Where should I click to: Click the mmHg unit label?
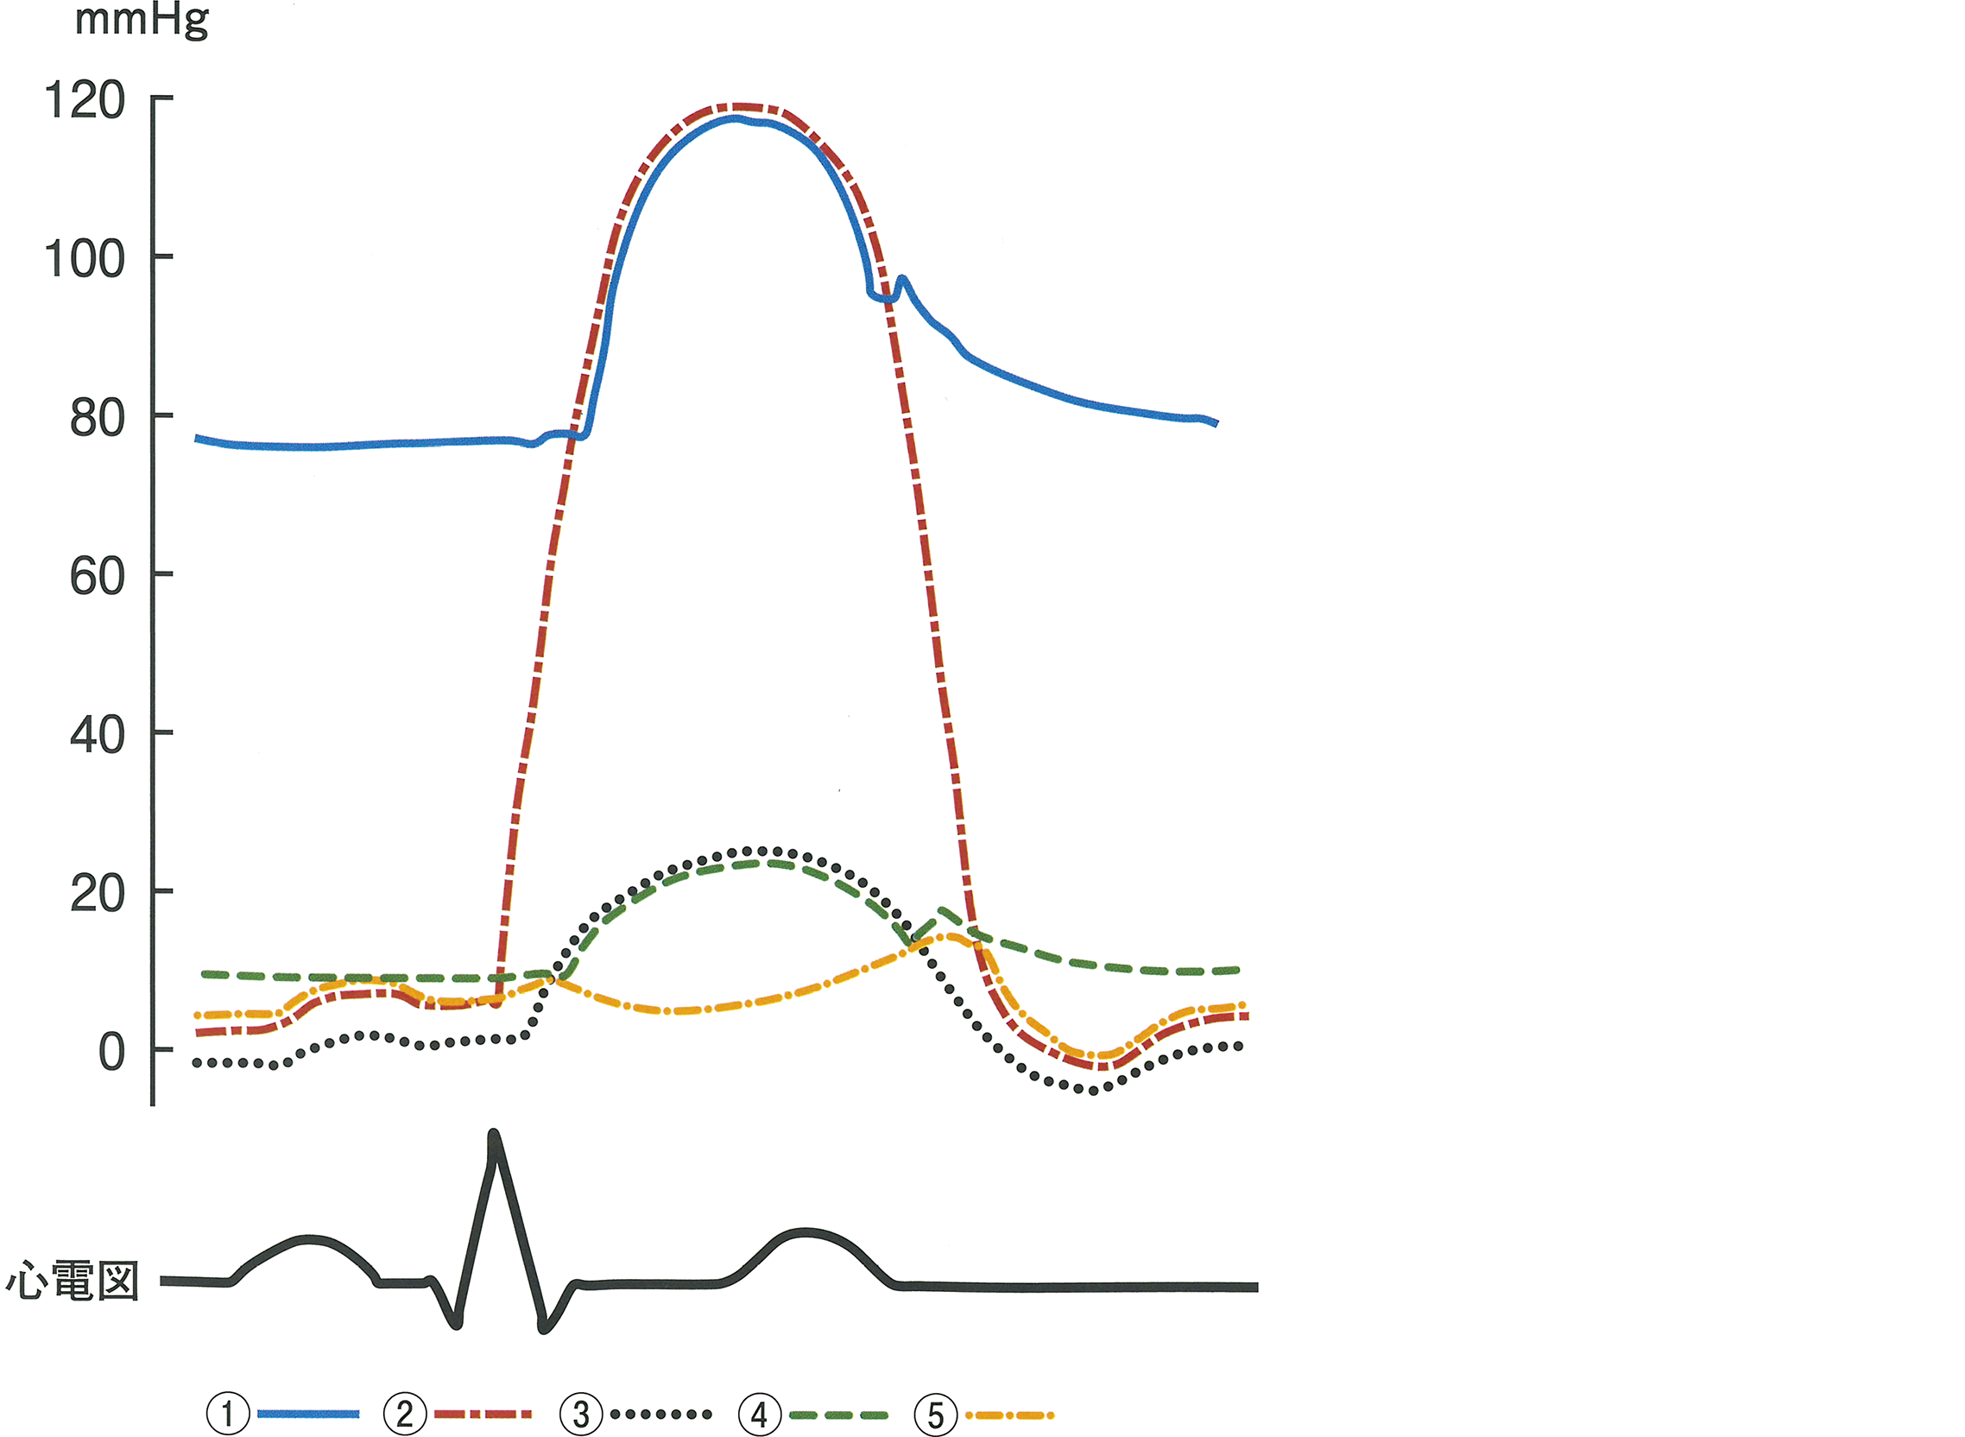[142, 21]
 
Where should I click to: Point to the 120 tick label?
[85, 101]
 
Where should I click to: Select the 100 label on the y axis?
[85, 259]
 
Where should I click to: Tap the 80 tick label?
[97, 418]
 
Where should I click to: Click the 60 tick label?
[97, 577]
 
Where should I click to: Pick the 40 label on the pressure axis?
[97, 735]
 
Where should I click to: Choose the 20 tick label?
[97, 894]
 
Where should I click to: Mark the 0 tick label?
[111, 1053]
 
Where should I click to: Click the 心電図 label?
[73, 1282]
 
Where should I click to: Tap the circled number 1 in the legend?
[228, 1414]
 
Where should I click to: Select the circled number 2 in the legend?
[405, 1414]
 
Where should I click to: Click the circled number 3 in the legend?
[582, 1414]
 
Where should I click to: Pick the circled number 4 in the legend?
[759, 1414]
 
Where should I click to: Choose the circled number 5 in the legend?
[936, 1414]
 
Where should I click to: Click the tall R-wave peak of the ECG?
[494, 1136]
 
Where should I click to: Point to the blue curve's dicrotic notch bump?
[901, 280]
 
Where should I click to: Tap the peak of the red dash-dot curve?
[737, 107]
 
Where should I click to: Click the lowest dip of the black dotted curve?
[1093, 1090]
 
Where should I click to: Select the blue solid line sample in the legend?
[308, 1414]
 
